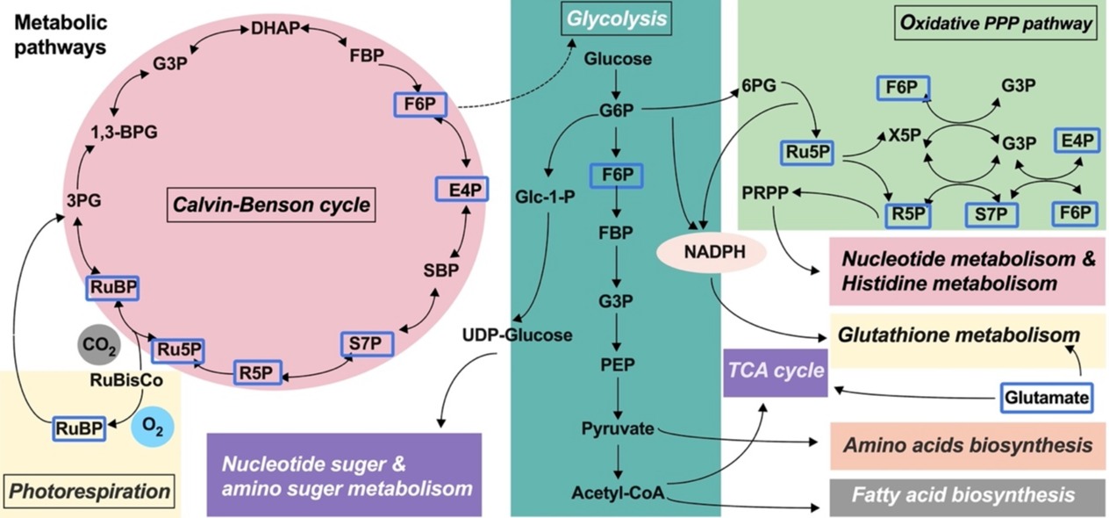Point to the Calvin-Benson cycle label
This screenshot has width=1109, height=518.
coord(268,206)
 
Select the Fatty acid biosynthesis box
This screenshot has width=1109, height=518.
coord(963,495)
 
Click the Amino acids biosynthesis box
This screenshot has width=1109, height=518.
coord(963,445)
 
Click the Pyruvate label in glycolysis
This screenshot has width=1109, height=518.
coord(617,429)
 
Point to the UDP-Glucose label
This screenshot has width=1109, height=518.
coord(518,335)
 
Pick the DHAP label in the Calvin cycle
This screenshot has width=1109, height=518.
coord(275,29)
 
